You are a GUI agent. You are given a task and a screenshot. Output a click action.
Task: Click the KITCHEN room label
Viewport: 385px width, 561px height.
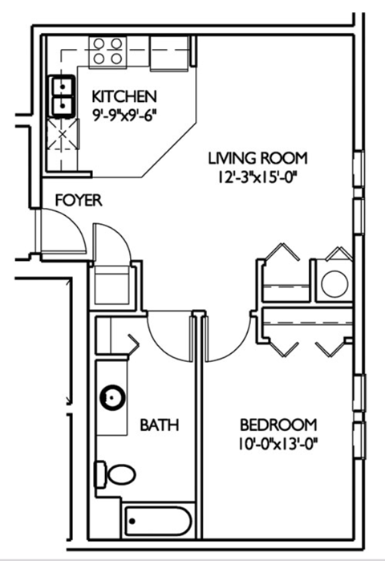coord(123,96)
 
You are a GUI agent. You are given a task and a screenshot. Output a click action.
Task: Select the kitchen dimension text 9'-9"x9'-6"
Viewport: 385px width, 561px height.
coord(123,113)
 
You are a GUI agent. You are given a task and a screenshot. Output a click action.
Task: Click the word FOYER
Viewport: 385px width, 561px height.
coord(78,200)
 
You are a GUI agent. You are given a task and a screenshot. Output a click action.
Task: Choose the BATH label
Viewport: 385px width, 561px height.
coord(159,424)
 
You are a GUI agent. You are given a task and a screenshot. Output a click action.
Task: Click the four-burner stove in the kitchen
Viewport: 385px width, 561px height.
coord(107,51)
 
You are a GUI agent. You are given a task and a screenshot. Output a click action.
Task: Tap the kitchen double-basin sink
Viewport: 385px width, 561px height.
coord(62,95)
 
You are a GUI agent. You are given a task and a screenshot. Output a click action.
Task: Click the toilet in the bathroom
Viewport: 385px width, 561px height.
coord(116,474)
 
